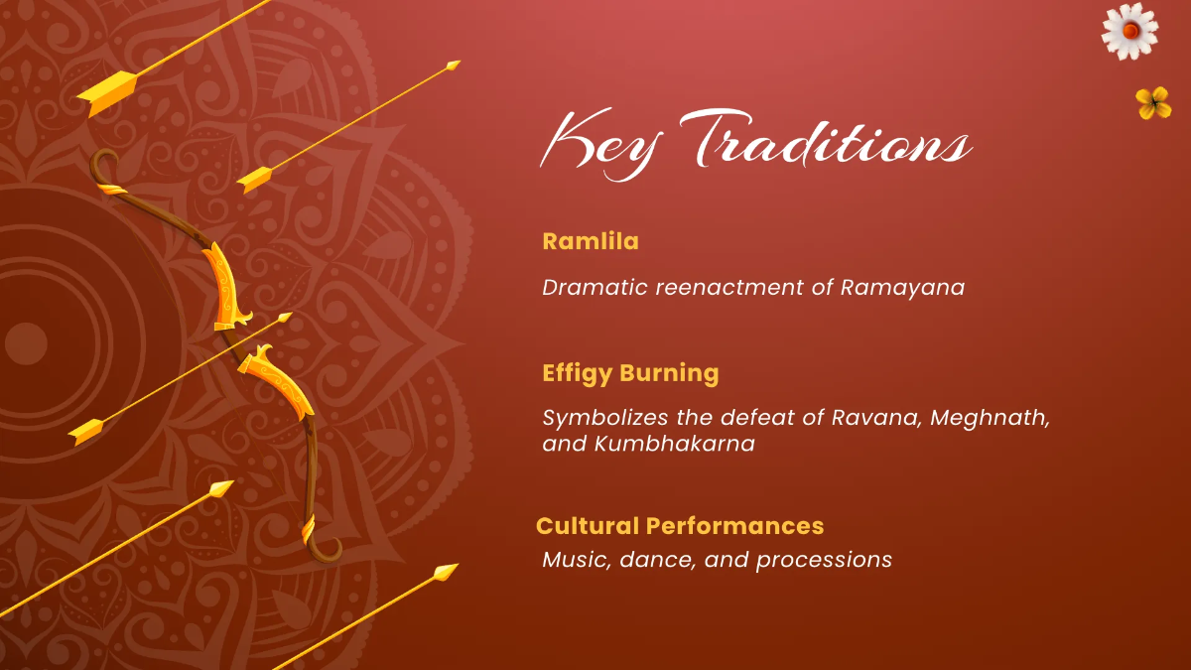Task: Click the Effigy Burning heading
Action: click(x=630, y=374)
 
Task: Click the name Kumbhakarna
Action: click(x=675, y=444)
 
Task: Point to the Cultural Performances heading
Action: click(x=680, y=525)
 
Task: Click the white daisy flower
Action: click(x=1129, y=31)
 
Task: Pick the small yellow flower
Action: click(x=1153, y=101)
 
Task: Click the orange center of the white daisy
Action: click(x=1129, y=31)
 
